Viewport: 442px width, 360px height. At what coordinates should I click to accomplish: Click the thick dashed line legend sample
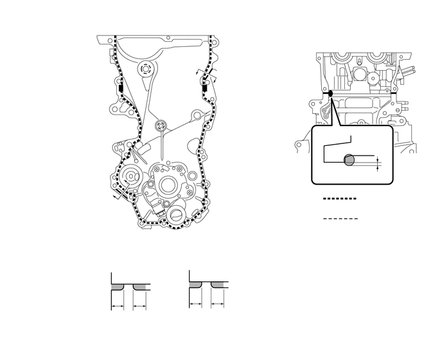tap(338, 199)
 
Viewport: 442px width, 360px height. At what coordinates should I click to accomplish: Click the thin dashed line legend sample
tap(338, 219)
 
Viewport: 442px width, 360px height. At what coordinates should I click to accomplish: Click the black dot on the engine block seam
tap(330, 94)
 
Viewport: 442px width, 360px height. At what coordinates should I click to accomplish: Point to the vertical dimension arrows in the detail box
tap(378, 163)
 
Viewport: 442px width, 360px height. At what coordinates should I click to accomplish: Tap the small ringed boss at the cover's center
tap(161, 125)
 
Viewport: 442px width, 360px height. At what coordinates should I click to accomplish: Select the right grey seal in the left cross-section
tap(141, 285)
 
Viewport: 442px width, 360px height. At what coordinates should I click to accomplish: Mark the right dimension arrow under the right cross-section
tap(217, 302)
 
